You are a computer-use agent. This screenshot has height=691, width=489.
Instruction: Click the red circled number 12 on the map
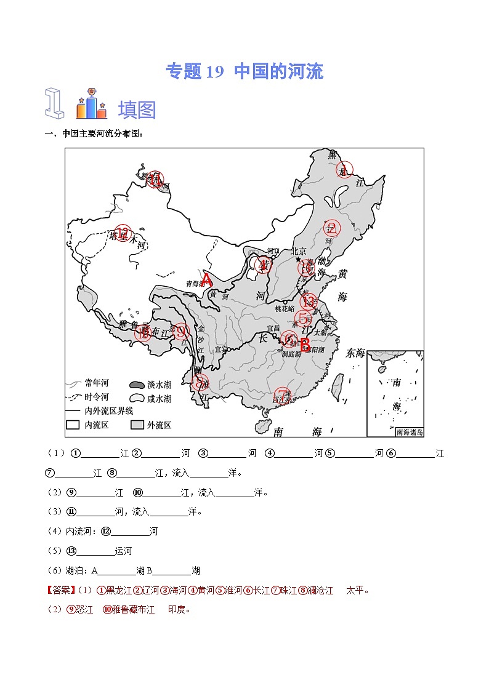[123, 233]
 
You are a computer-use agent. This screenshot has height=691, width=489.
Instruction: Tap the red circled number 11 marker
[155, 179]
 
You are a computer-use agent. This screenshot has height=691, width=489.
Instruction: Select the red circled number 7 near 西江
[282, 394]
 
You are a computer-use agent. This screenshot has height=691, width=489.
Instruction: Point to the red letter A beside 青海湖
[207, 281]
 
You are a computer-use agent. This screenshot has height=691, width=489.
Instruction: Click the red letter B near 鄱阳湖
[304, 343]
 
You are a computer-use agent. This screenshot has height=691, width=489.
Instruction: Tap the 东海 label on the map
[355, 353]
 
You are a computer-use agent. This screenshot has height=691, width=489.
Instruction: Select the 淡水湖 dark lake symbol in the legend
[137, 385]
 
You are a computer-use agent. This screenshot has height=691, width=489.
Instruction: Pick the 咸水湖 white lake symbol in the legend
[137, 398]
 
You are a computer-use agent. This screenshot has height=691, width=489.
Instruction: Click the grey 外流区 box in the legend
[137, 425]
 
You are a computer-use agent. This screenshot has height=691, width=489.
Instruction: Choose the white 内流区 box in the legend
[73, 425]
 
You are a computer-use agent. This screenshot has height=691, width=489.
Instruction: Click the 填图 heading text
[137, 110]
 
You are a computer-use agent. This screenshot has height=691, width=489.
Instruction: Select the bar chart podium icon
[91, 105]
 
